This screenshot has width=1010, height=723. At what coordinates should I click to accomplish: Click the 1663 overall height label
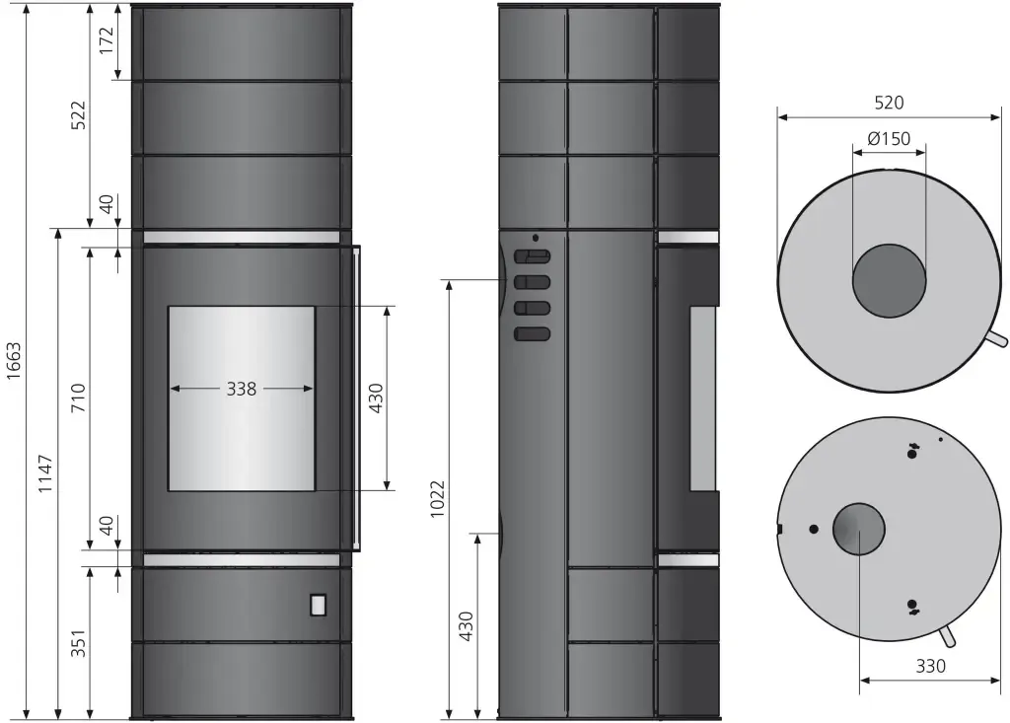point(14,361)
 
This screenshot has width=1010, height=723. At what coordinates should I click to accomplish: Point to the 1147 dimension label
point(45,473)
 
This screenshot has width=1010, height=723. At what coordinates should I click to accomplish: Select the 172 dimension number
point(107,40)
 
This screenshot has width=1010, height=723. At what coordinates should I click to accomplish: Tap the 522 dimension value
point(78,115)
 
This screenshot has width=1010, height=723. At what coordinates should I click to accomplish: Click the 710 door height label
point(78,398)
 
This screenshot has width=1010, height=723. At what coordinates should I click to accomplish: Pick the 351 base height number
point(78,643)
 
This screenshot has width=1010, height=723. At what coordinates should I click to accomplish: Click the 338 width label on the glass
point(242,389)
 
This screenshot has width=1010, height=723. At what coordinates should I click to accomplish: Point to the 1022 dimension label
point(437,499)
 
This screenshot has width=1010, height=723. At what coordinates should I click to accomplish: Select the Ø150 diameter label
point(889,138)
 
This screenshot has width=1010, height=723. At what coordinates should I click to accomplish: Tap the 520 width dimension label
point(889,103)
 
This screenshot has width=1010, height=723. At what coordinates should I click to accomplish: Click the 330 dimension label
point(931,666)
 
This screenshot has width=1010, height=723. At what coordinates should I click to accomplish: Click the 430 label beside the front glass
point(376,398)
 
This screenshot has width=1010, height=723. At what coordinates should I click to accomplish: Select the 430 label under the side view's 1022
point(466,625)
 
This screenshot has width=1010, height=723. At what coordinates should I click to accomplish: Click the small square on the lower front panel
point(319,605)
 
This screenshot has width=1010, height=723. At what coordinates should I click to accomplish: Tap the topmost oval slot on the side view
point(532,256)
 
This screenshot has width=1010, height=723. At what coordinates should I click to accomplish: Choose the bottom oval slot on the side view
point(532,333)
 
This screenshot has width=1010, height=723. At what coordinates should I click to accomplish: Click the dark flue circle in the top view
point(889,281)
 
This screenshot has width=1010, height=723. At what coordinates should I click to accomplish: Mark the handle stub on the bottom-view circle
point(948,637)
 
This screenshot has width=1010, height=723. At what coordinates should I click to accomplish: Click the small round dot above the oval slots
point(536,238)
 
